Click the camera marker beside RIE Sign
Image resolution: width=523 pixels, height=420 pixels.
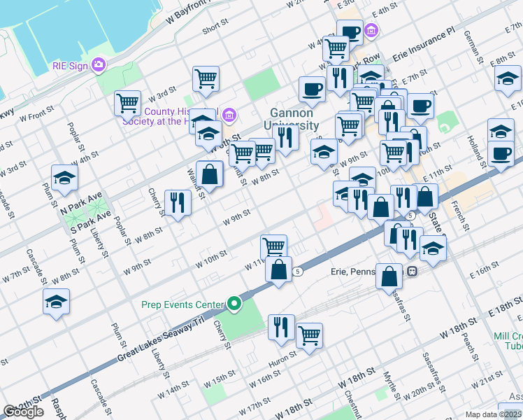[x=99, y=65]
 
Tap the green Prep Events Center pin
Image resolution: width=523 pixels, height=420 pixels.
[x=234, y=304]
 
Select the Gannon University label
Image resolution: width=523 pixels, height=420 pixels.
[x=295, y=120]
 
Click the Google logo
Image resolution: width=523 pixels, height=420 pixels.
[x=23, y=412]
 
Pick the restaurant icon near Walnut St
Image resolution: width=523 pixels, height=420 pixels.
[x=178, y=204]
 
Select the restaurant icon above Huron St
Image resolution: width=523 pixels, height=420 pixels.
[x=281, y=327]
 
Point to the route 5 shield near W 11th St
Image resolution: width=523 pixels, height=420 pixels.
[x=298, y=271]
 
